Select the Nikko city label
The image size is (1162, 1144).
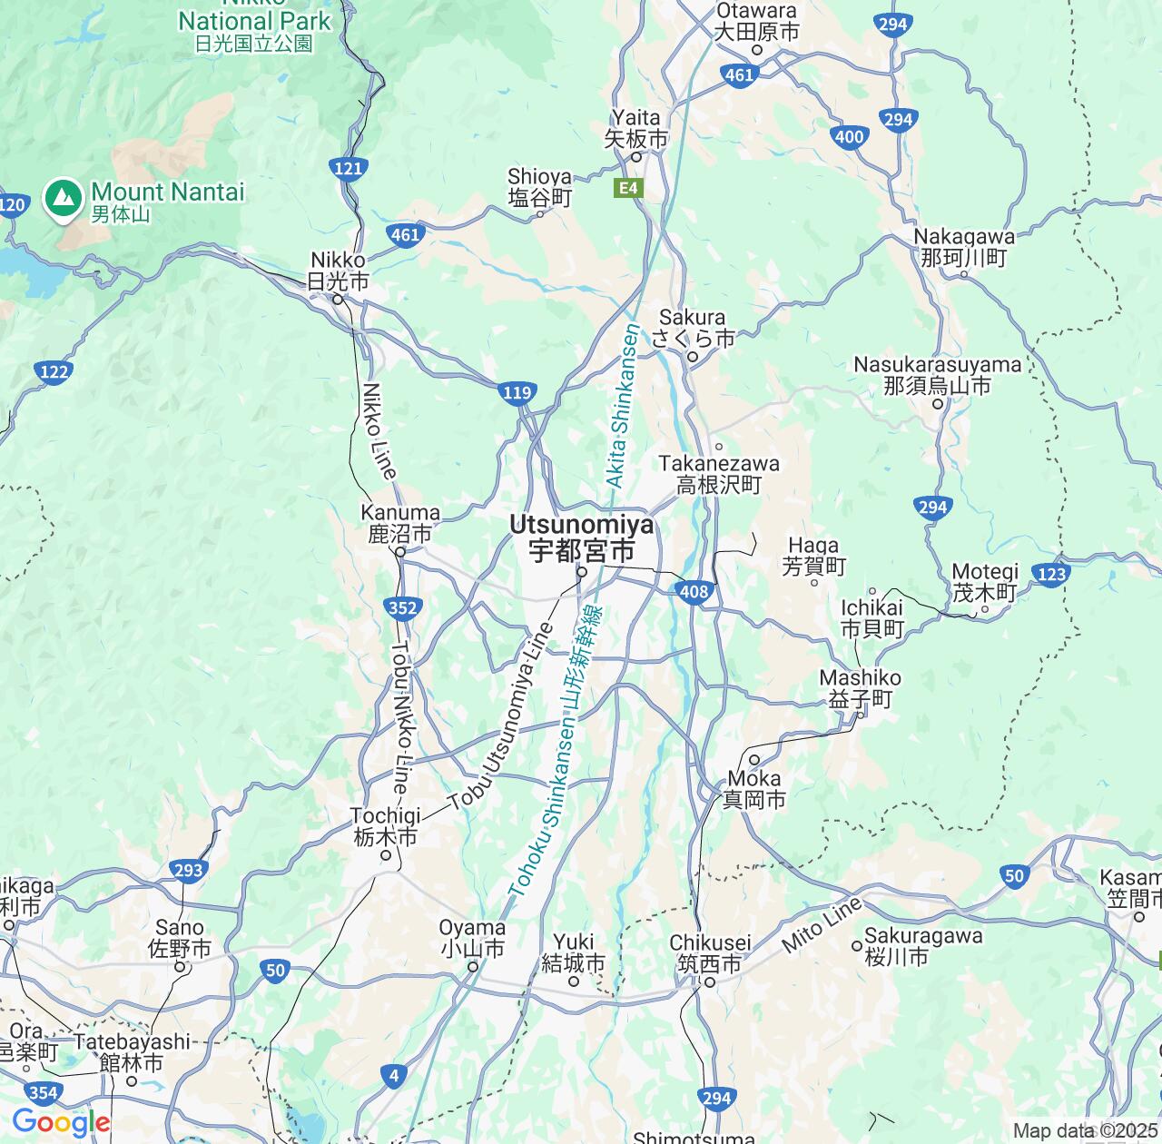point(338,271)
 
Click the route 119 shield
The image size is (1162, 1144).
point(517,393)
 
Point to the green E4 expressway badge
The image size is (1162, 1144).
point(628,189)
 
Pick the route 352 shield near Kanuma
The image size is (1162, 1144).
point(402,607)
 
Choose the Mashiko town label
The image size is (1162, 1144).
point(860,688)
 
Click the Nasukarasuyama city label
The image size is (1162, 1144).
point(937,375)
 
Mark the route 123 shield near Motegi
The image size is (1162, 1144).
point(1050,574)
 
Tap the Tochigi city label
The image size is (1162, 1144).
point(386,826)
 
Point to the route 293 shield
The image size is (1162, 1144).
point(188,871)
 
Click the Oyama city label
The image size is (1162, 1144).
point(472,938)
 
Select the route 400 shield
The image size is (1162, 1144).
point(849,137)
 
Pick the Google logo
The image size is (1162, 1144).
point(60,1122)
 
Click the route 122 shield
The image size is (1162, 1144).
point(54,370)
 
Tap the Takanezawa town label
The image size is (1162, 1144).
point(719,474)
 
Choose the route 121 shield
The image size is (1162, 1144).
point(348,167)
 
